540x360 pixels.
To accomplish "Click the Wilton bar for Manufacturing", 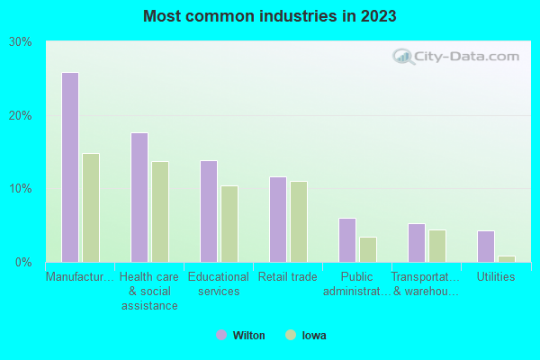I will (x=69, y=167).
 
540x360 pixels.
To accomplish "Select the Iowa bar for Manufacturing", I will (x=91, y=208).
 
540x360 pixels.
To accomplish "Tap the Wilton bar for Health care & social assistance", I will (x=139, y=197).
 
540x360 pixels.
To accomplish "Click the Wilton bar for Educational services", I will (x=209, y=211).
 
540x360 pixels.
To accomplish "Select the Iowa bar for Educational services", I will (x=229, y=224).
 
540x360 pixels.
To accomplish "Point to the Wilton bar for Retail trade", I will (x=278, y=220).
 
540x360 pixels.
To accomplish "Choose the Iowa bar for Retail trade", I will (x=299, y=221).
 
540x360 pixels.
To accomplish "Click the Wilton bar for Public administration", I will (x=347, y=240).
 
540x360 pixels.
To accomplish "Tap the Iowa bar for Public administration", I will (x=368, y=249).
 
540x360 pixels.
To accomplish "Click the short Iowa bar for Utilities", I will (x=507, y=259).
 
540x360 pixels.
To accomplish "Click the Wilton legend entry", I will (x=240, y=335).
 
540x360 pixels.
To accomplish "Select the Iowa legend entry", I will (x=306, y=335).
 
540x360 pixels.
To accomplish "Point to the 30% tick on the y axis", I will (x=21, y=42).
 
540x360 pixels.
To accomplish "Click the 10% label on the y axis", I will (x=21, y=189).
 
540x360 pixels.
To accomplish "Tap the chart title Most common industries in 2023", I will (x=269, y=16).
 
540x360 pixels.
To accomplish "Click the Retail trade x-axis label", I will (x=287, y=277).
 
